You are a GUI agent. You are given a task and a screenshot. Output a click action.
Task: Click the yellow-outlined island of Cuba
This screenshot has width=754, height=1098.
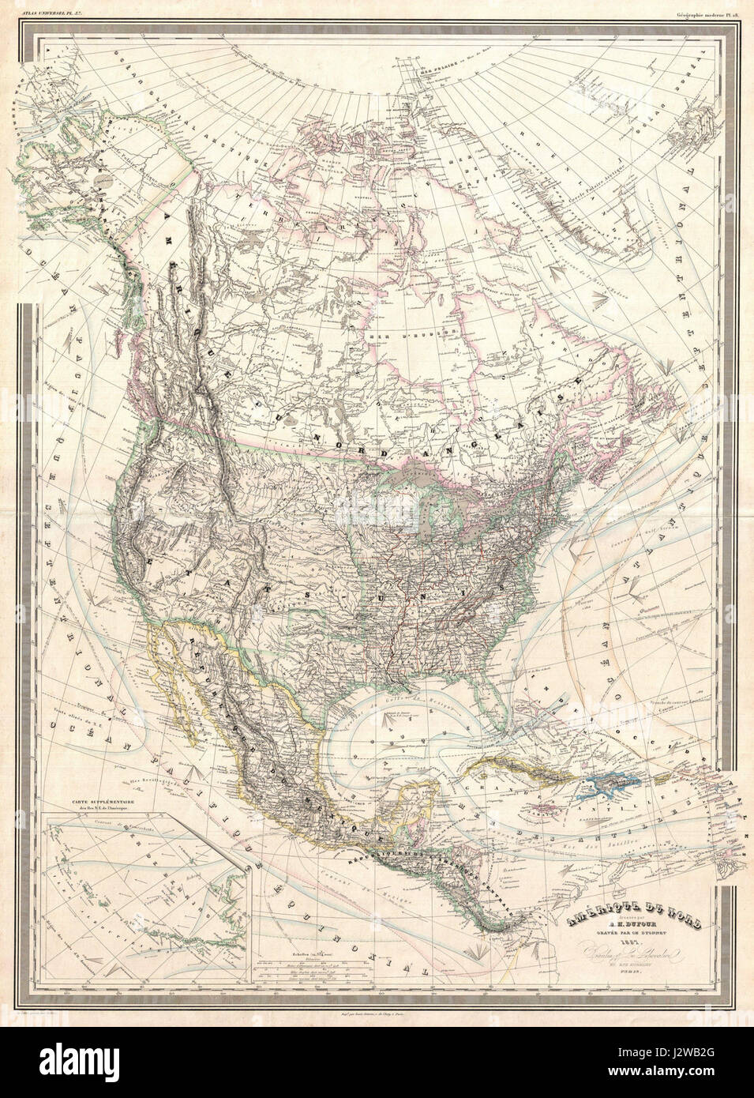(513, 765)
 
